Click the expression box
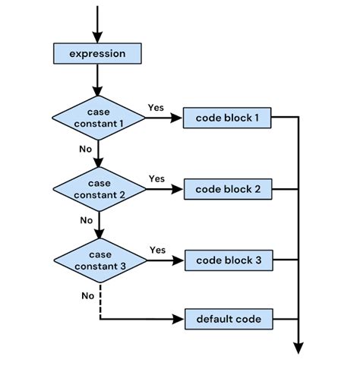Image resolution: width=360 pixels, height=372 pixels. point(97,54)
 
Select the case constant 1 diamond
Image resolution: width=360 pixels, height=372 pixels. point(98,118)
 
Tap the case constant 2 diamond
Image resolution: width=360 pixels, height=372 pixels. point(98,188)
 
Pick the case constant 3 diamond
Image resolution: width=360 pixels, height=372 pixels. point(98,259)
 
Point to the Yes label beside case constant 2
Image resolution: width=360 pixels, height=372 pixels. point(156,178)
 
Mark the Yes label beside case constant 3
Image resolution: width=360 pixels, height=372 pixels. point(158,249)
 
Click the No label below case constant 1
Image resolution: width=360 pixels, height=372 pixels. point(86,149)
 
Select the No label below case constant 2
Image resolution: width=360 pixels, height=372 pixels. point(86,220)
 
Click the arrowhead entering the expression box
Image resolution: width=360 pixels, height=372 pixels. point(97,38)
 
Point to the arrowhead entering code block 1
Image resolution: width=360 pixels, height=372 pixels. point(179,118)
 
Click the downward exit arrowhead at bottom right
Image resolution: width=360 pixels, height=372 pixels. point(298,348)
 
